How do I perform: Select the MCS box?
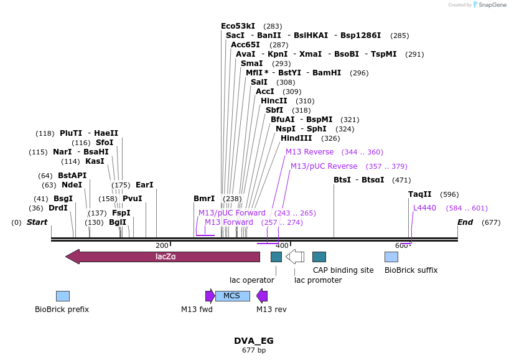(232, 296)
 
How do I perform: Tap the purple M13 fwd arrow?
(210, 296)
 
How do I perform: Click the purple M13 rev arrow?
(262, 296)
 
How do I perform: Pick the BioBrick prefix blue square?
(62, 296)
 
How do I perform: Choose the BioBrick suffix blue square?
(391, 257)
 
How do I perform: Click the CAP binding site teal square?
(319, 257)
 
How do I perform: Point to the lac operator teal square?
(276, 257)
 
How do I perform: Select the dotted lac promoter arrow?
(295, 257)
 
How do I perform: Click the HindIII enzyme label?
(301, 138)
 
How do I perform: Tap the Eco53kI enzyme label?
(238, 26)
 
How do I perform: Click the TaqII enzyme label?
(420, 194)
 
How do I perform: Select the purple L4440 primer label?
(425, 208)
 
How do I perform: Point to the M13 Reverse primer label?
(310, 152)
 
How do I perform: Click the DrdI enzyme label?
(58, 208)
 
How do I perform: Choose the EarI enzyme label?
(144, 185)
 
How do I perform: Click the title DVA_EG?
(254, 341)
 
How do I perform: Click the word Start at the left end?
(37, 222)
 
